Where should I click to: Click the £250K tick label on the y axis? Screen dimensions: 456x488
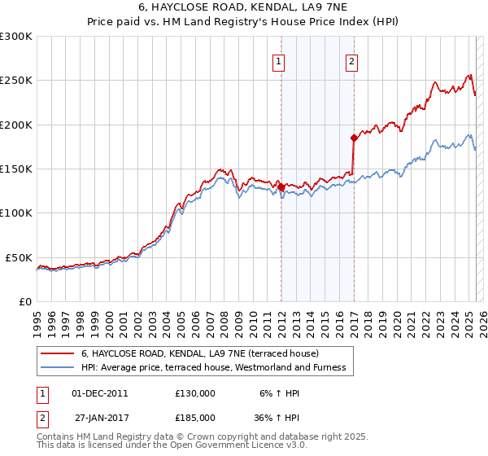(x=15, y=81)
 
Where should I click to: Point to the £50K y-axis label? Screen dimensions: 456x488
(x=19, y=257)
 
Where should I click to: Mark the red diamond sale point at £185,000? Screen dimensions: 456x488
(x=354, y=138)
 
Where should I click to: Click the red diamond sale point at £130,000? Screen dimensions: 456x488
(x=281, y=187)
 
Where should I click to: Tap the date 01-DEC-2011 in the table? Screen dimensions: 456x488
(x=100, y=393)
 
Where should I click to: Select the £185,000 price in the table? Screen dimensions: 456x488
(x=195, y=417)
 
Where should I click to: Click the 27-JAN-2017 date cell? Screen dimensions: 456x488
(x=100, y=417)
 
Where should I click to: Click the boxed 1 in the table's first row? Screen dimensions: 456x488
(x=41, y=393)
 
